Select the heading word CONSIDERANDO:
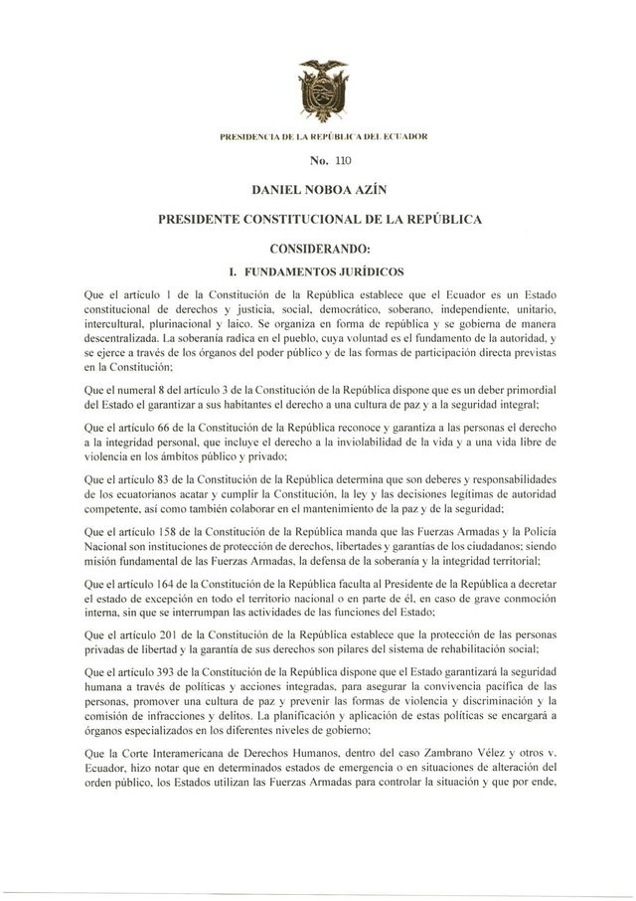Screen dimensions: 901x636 318,245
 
